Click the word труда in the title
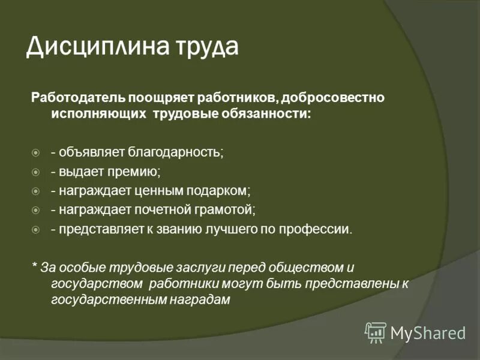tap(200, 47)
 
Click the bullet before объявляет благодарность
tap(35, 152)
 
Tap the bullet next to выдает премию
tap(35, 172)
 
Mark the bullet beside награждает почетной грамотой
tap(35, 211)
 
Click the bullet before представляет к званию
tap(35, 230)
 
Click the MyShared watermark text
tap(428, 332)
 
